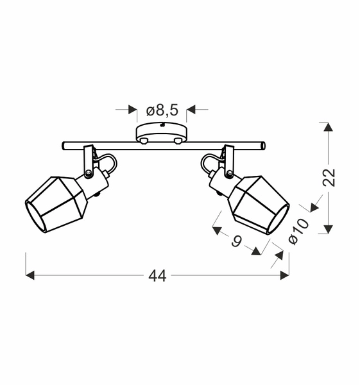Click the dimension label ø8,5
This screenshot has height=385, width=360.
point(162,110)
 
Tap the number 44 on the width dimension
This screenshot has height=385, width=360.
point(157,276)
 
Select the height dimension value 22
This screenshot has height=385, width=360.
point(329,178)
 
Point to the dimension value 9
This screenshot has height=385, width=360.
point(236,241)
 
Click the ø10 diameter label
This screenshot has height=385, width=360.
point(299,231)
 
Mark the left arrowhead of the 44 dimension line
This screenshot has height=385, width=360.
point(30,275)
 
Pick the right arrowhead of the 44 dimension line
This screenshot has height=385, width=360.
point(284,275)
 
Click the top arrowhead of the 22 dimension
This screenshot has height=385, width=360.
point(328,126)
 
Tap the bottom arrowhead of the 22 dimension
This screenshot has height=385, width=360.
point(328,229)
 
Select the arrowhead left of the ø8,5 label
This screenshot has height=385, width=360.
point(133,110)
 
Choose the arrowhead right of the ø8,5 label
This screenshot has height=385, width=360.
point(191,110)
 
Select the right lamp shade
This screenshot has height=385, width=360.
point(260,205)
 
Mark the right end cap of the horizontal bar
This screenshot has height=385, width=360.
point(262,146)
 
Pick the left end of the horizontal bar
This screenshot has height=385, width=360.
point(64,146)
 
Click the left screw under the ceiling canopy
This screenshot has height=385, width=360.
point(145,140)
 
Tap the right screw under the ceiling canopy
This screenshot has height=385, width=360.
point(178,140)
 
